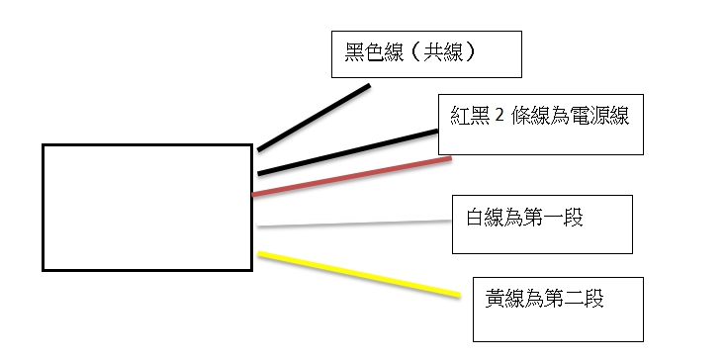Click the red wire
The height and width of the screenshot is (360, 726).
pos(351,176)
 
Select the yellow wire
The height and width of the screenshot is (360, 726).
pos(359,274)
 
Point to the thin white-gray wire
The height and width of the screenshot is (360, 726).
pos(354,224)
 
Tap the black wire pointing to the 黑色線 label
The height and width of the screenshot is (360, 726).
pos(314,118)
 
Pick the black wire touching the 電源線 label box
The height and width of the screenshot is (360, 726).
pos(348,152)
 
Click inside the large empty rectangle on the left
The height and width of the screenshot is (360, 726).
pos(147,208)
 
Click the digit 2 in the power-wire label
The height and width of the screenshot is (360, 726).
pos(499,116)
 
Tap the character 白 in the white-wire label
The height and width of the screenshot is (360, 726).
pos(475,217)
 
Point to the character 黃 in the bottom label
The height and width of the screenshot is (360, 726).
pos(495,298)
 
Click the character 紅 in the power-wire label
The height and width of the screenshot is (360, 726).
pos(460,115)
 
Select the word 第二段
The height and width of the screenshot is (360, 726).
pos(574,298)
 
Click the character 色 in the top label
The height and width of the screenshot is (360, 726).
pos(374,52)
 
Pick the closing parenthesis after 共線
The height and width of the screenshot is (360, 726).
pos(470,52)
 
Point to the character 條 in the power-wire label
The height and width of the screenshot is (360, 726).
pos(521,115)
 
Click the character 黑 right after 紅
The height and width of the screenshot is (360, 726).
pos(480,115)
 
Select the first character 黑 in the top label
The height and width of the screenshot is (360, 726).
pos(354,52)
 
